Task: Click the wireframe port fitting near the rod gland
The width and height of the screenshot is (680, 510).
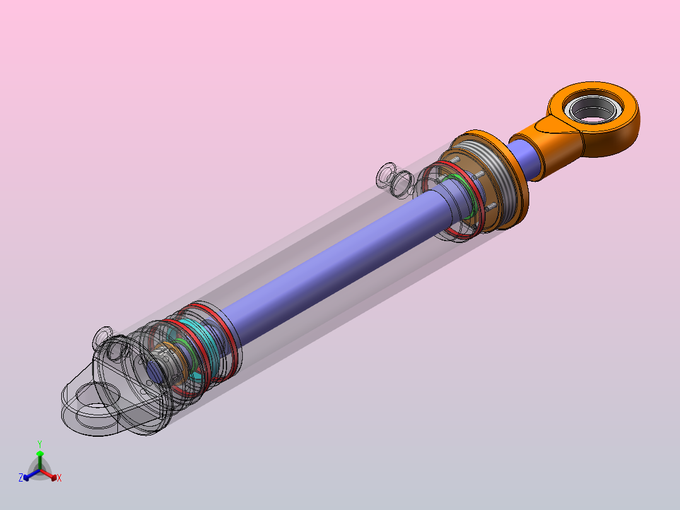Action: point(395,179)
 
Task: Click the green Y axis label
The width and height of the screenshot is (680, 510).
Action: point(39,444)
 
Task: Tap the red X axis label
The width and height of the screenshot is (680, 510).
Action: point(59,478)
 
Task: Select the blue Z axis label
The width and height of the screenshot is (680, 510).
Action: point(21,478)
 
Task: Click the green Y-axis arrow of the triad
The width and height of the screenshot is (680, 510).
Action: point(39,457)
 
